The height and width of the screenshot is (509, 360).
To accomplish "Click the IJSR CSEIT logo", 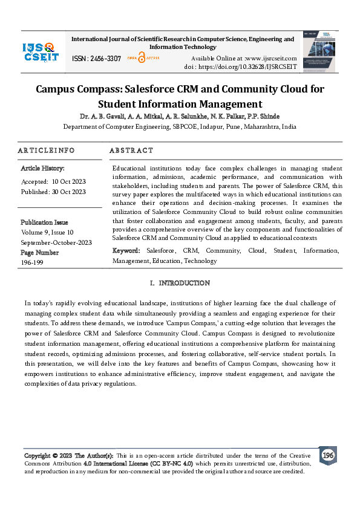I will coord(41,51).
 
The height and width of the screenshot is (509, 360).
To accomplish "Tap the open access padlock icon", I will coord(142,57).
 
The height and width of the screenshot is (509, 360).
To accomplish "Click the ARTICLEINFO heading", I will coord(46,150).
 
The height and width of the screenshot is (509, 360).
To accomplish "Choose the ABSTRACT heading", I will coord(131,150).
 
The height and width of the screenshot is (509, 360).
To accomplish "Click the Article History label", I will coord(42,168).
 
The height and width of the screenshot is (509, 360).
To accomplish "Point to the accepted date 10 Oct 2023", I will coord(69,181).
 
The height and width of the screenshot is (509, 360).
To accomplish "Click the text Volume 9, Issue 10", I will coord(47,232).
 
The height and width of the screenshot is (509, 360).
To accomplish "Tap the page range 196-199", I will coord(33,262).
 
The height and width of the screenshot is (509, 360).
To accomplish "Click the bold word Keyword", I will coord(126,250).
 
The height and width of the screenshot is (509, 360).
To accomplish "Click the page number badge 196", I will coord(328,455).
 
